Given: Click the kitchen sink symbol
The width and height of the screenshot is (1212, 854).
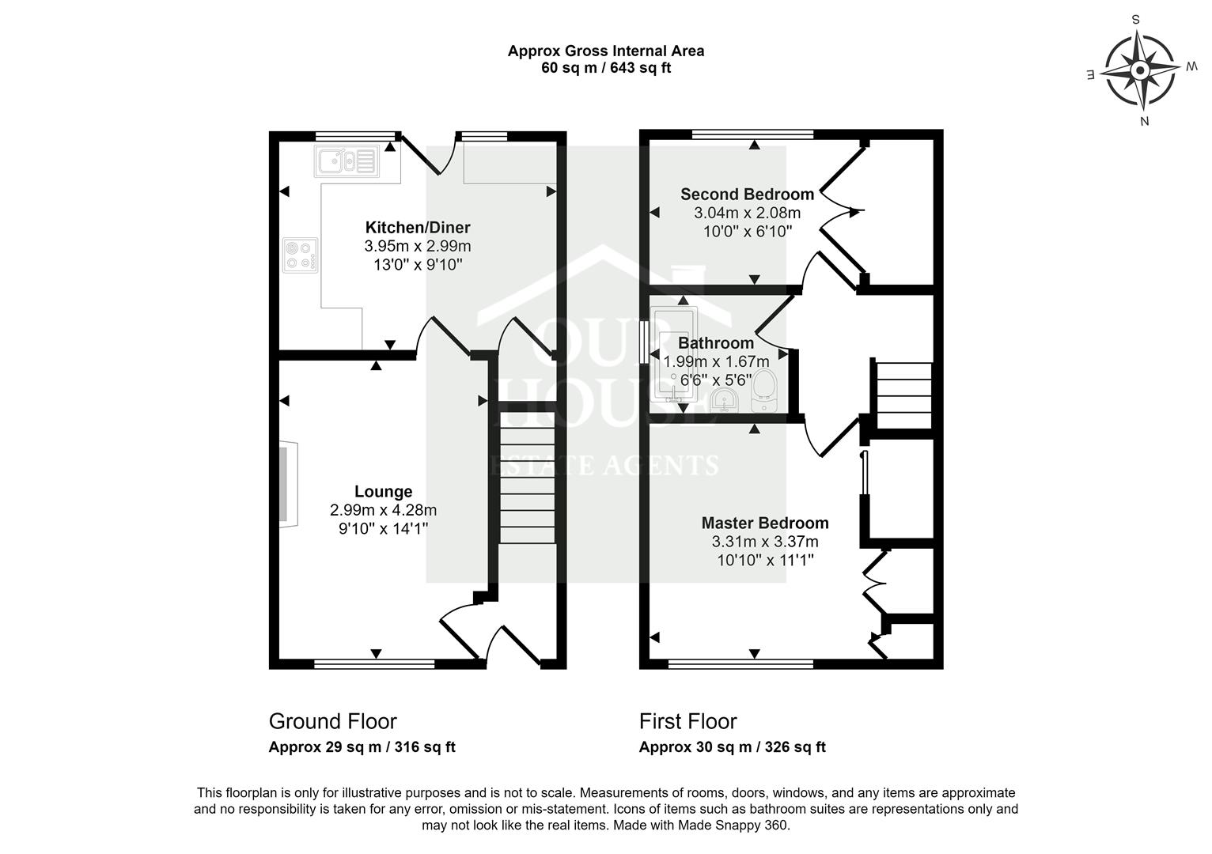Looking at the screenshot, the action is (347, 161).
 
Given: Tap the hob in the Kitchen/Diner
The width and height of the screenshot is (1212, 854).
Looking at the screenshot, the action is (300, 255).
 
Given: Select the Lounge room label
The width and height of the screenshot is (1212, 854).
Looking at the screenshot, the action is (384, 491).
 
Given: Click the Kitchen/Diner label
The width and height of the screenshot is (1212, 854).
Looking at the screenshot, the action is (418, 227).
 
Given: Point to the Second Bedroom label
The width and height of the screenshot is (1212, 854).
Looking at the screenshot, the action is (748, 194).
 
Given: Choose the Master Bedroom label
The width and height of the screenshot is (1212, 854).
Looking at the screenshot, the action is (765, 523).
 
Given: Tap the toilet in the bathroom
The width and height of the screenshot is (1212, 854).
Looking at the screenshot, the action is (764, 390).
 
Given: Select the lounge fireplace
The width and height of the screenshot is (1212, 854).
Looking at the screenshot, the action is (289, 485).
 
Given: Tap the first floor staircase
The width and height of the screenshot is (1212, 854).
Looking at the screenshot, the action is (903, 395).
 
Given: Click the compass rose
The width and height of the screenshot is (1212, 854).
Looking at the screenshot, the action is (1140, 70).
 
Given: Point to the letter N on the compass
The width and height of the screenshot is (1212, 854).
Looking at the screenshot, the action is (1145, 121).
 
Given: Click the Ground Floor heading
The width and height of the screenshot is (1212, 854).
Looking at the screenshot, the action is (333, 721).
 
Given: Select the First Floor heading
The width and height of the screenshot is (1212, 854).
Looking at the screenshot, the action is (687, 721).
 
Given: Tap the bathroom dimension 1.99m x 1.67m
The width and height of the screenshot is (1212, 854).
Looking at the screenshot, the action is (717, 361).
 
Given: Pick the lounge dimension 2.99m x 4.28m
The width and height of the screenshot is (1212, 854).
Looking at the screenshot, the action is (383, 510).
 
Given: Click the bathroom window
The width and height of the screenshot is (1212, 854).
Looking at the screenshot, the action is (644, 342).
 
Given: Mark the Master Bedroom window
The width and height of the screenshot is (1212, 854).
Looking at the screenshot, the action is (740, 664).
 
